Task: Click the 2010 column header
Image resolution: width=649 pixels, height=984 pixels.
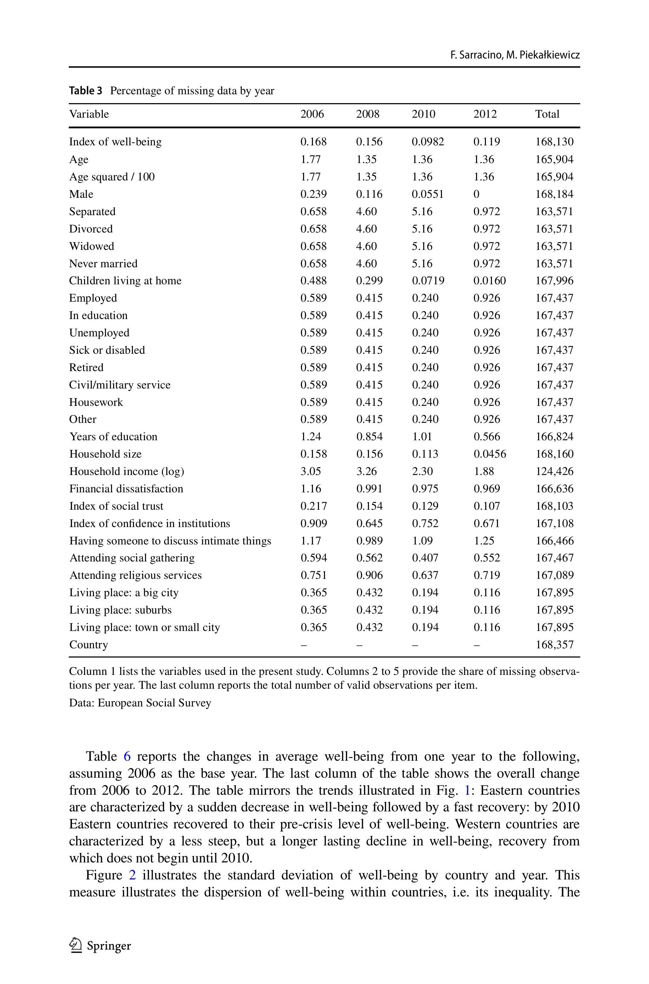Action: (x=424, y=114)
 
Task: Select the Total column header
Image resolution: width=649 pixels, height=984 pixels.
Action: (x=547, y=114)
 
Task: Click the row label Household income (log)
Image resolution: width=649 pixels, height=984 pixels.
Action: (x=126, y=471)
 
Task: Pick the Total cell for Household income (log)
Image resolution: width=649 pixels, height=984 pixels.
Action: (x=554, y=471)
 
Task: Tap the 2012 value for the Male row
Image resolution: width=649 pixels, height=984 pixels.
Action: (x=476, y=194)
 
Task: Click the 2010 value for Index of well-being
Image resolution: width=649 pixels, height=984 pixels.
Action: (x=427, y=142)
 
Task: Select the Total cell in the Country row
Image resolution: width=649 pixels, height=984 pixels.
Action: (x=554, y=645)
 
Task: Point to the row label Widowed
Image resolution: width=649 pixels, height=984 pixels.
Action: (x=91, y=246)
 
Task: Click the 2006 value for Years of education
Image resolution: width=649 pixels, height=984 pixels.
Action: (x=310, y=437)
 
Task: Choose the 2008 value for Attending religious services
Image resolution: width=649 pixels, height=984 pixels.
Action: (x=369, y=575)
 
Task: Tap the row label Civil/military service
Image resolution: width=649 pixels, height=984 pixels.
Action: (x=119, y=385)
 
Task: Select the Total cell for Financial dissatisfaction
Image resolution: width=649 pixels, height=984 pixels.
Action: (x=554, y=489)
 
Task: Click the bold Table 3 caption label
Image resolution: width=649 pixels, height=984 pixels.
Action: (x=85, y=91)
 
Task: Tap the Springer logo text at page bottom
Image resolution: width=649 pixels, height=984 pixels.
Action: (x=108, y=945)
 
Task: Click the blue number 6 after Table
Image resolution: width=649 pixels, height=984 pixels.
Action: (x=127, y=756)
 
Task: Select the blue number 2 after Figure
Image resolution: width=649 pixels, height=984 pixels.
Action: (x=133, y=875)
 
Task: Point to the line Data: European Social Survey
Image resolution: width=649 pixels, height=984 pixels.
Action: (x=140, y=703)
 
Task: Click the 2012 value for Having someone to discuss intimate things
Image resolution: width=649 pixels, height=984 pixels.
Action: (x=483, y=541)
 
